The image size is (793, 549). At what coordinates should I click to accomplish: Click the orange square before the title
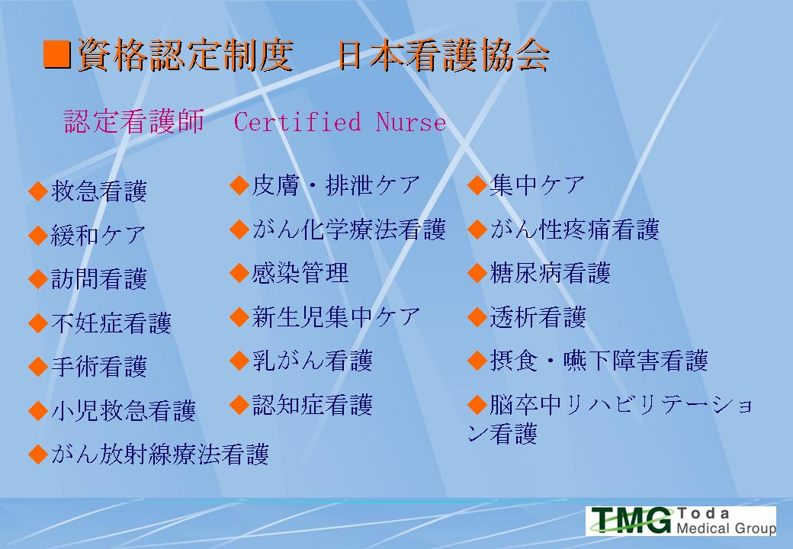tap(56, 54)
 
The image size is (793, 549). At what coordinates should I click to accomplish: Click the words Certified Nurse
tap(340, 122)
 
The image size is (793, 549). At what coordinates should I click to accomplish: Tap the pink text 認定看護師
tap(134, 121)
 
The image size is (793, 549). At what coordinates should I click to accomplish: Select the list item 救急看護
tap(99, 191)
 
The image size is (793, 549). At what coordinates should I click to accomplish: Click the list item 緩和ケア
tap(98, 235)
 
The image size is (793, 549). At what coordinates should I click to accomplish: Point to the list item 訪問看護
tap(99, 279)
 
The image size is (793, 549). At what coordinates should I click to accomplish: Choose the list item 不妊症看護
tap(111, 323)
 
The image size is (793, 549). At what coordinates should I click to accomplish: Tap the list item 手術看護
tap(99, 367)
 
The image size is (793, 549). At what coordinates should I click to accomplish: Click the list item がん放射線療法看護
tap(160, 454)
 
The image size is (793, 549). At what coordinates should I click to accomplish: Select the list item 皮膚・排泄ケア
tap(336, 185)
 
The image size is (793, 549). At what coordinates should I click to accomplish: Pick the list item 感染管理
tap(300, 273)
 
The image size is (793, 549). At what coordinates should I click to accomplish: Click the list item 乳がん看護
tap(313, 361)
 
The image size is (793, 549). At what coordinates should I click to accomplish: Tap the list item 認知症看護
tap(313, 405)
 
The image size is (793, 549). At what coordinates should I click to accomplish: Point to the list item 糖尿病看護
tap(551, 273)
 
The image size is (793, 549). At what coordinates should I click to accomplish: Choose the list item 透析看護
tap(538, 317)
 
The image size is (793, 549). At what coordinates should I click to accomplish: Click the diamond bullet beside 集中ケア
tap(477, 185)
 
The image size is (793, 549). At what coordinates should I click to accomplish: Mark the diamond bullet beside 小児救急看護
tap(38, 411)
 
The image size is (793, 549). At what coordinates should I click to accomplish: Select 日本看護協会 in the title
tap(443, 54)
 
